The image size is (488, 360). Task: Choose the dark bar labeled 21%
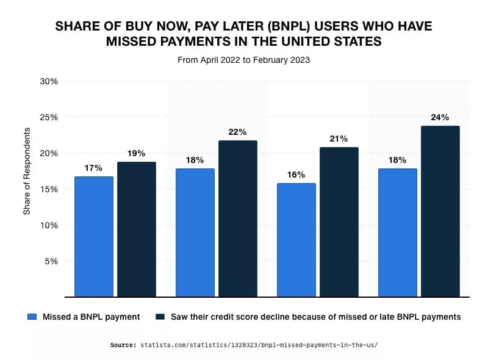[x=339, y=222]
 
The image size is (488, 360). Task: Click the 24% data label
[x=440, y=117]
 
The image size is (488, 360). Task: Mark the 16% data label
[x=296, y=175]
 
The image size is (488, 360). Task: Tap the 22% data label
[x=238, y=132]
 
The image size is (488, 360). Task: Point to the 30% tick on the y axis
[x=49, y=81]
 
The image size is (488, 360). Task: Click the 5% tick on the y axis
[x=51, y=261]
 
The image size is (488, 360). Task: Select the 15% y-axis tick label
[x=49, y=189]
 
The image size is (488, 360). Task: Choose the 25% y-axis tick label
[x=49, y=117]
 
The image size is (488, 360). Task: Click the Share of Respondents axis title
[x=27, y=171]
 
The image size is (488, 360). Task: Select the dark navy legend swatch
[x=160, y=317]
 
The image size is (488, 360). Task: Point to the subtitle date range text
[x=243, y=60]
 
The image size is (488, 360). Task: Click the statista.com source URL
[x=259, y=345]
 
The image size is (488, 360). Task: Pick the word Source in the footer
[x=124, y=345]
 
